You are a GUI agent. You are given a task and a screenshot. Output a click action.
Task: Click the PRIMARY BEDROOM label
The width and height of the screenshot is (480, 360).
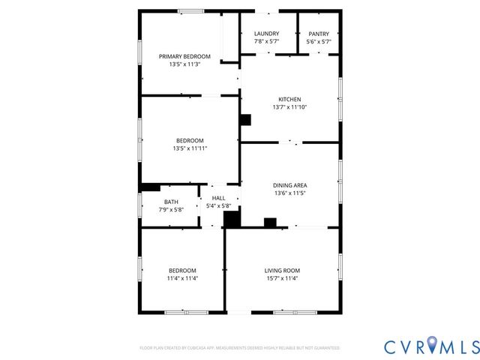point(184,56)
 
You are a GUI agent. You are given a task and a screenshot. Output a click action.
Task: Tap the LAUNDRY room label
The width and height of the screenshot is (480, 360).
point(266,34)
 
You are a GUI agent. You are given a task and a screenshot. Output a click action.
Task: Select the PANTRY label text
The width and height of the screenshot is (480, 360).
point(319,34)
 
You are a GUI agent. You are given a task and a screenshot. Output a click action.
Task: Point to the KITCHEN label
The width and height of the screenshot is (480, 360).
point(289,100)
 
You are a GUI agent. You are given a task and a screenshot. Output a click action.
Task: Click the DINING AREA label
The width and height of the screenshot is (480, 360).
point(289,185)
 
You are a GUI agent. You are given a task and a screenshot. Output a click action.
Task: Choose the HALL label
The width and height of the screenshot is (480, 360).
point(218,198)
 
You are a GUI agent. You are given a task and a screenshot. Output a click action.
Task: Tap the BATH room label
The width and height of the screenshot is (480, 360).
point(171,202)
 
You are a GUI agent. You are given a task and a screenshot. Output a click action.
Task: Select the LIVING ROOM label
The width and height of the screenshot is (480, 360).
point(282,271)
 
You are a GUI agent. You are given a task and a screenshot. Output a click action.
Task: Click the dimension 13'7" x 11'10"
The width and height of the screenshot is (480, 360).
point(289,107)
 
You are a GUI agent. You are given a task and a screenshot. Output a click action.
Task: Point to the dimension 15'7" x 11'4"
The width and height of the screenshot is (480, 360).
point(282,278)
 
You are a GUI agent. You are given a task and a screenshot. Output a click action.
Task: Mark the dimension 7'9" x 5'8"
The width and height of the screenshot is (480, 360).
point(171,209)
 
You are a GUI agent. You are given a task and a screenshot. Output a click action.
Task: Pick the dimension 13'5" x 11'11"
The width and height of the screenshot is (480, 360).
point(190,148)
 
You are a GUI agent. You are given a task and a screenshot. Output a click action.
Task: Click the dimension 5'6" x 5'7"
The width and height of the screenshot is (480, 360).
point(319,42)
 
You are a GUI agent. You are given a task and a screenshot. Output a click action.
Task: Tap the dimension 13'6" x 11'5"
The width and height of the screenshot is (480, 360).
point(289,193)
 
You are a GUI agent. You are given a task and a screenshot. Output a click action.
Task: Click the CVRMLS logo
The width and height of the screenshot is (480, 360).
point(431,346)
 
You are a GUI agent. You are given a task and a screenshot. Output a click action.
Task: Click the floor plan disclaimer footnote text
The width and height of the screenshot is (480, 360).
point(240,348)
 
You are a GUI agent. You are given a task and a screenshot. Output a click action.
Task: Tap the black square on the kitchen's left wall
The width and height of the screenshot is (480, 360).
point(245,119)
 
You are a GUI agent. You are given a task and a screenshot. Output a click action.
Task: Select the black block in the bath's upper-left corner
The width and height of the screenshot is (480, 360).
point(151,187)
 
